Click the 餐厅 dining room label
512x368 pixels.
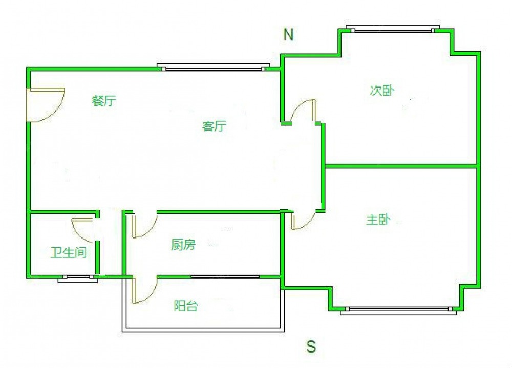click(104, 101)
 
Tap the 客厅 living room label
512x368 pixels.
click(214, 126)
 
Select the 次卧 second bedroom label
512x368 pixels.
click(382, 91)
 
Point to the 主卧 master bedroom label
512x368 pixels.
click(378, 220)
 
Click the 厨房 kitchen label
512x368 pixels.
click(183, 245)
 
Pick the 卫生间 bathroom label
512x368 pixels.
click(69, 252)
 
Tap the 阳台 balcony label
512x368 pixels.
click(186, 306)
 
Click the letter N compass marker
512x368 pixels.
click(288, 34)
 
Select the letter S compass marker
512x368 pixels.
click(311, 346)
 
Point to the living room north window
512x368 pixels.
click(214, 67)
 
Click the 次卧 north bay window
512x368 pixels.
click(393, 29)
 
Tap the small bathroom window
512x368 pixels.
click(78, 278)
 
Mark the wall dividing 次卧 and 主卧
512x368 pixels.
click(401, 166)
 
